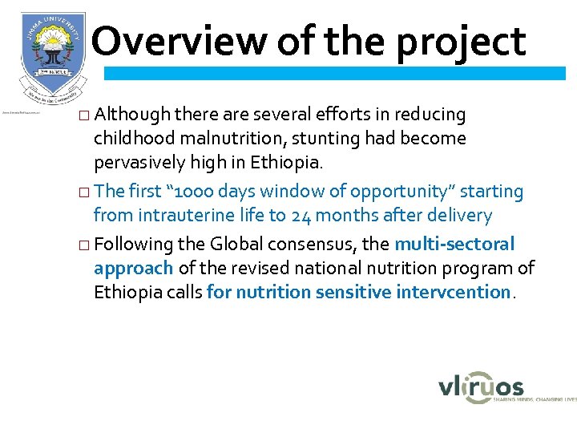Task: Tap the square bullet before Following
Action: (x=86, y=245)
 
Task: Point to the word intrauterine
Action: (x=180, y=215)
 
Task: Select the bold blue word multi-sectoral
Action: (x=454, y=244)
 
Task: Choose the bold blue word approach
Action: (x=134, y=269)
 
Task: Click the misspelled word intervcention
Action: (x=453, y=292)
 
